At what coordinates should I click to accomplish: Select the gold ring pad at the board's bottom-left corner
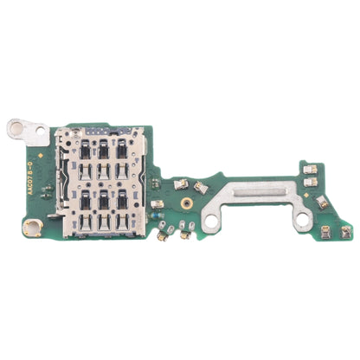31,228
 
